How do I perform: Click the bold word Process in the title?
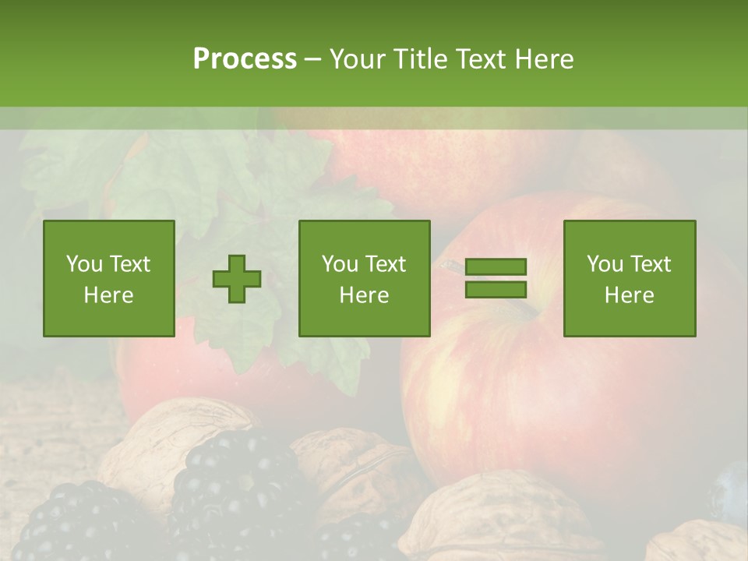pyautogui.click(x=245, y=59)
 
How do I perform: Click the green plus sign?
pyautogui.click(x=237, y=279)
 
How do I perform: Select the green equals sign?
pyautogui.click(x=496, y=278)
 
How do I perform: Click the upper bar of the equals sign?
pyautogui.click(x=496, y=267)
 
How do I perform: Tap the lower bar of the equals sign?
pyautogui.click(x=496, y=289)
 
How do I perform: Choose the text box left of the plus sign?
pyautogui.click(x=108, y=278)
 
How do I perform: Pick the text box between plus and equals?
pyautogui.click(x=364, y=278)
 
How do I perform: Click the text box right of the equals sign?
pyautogui.click(x=629, y=278)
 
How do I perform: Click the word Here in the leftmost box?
pyautogui.click(x=108, y=295)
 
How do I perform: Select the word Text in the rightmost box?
pyautogui.click(x=651, y=264)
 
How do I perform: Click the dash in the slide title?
pyautogui.click(x=312, y=59)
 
